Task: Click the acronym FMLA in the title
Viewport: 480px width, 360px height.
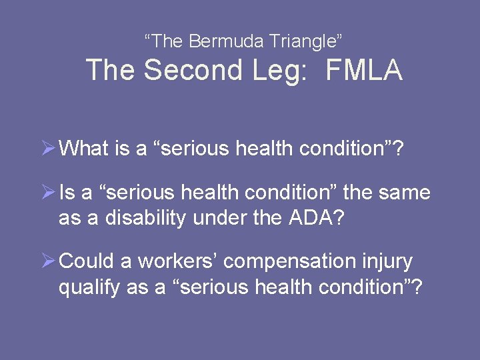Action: pos(364,71)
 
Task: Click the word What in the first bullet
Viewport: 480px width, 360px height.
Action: pos(83,149)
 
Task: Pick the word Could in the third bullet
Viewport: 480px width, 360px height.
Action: pos(83,262)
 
